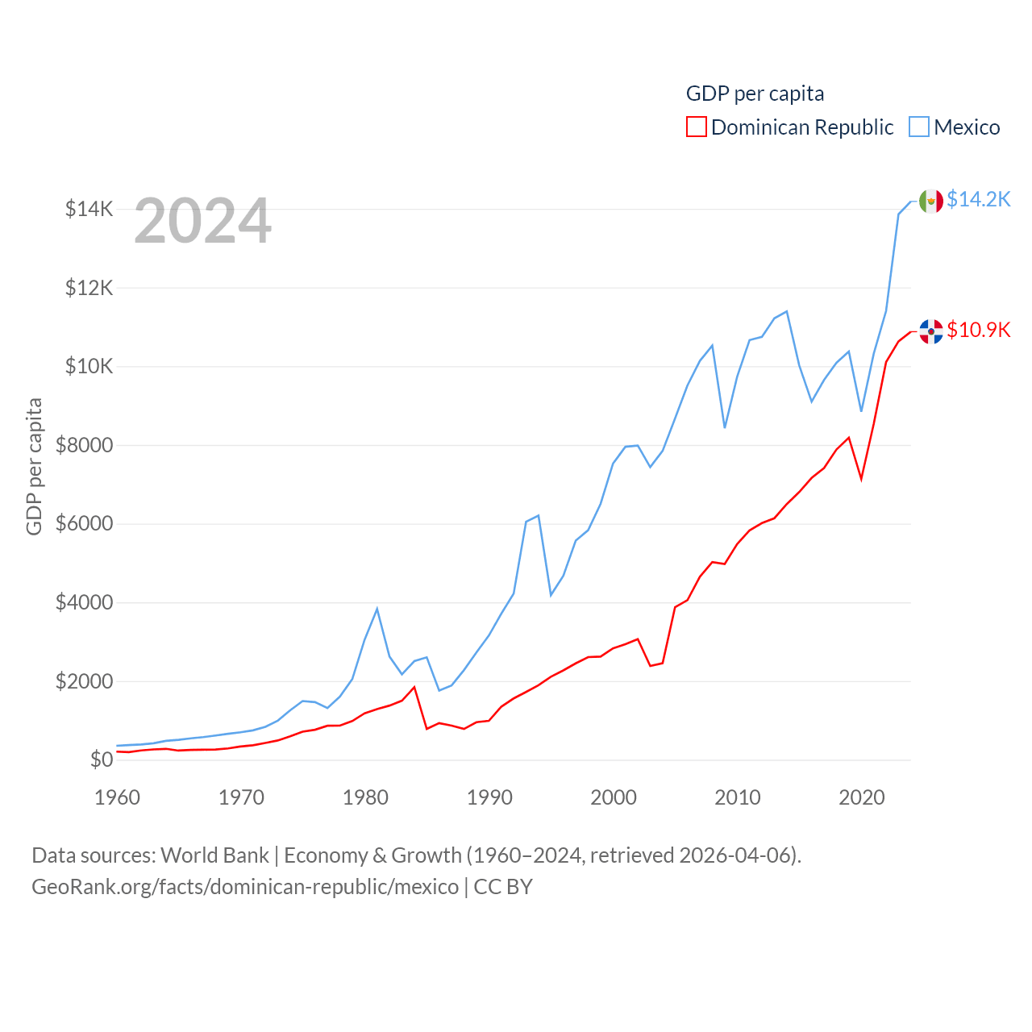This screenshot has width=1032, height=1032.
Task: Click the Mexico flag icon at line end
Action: pyautogui.click(x=931, y=201)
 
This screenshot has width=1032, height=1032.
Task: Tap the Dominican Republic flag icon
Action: pyautogui.click(x=931, y=331)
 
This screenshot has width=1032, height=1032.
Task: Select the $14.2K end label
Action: pyautogui.click(x=978, y=199)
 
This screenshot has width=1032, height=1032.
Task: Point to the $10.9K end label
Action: pyautogui.click(x=978, y=330)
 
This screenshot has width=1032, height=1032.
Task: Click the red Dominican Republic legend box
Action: pyautogui.click(x=697, y=127)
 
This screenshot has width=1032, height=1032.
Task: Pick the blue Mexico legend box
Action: pyautogui.click(x=919, y=127)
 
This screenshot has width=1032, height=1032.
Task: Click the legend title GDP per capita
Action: pyautogui.click(x=755, y=94)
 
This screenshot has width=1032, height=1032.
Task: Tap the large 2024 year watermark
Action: pyautogui.click(x=202, y=221)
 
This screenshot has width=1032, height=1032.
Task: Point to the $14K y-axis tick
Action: pyautogui.click(x=89, y=210)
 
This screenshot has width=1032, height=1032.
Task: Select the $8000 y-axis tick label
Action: pyautogui.click(x=84, y=445)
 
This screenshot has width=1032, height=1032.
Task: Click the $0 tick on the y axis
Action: pyautogui.click(x=102, y=759)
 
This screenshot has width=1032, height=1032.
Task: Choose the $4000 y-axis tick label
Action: pyautogui.click(x=84, y=602)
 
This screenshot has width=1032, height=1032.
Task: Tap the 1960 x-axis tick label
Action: pyautogui.click(x=118, y=797)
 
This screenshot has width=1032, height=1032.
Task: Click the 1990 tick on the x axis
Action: pyautogui.click(x=489, y=797)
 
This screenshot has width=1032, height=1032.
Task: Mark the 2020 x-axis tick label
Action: pyautogui.click(x=862, y=797)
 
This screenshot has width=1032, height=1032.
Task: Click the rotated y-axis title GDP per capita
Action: pyautogui.click(x=34, y=466)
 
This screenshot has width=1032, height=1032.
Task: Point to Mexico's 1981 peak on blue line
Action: pyautogui.click(x=377, y=609)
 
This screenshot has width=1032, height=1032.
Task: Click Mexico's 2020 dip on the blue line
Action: pyautogui.click(x=861, y=411)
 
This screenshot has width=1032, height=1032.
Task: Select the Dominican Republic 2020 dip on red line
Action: pyautogui.click(x=861, y=479)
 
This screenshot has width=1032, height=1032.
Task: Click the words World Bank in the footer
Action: pyautogui.click(x=214, y=855)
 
